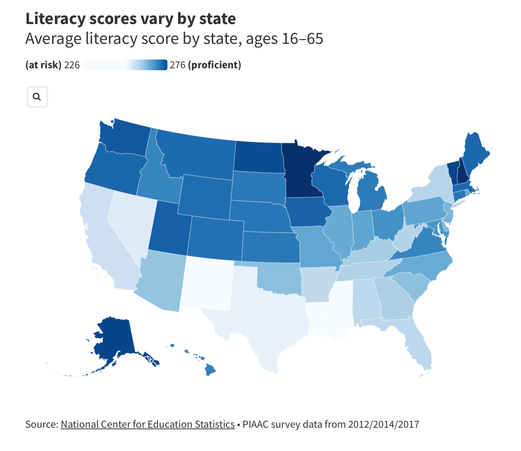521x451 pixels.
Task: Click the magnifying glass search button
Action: pyautogui.click(x=37, y=97)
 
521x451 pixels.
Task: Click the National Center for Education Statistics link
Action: pyautogui.click(x=148, y=424)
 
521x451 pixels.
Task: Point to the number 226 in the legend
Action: pyautogui.click(x=72, y=65)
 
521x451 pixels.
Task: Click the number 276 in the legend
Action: pyautogui.click(x=177, y=65)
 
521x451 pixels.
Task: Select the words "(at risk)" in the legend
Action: pyautogui.click(x=43, y=65)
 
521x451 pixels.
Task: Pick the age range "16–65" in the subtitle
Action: pyautogui.click(x=302, y=39)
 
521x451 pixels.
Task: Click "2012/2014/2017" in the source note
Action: pyautogui.click(x=383, y=424)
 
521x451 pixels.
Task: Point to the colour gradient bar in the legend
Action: pyautogui.click(x=124, y=65)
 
